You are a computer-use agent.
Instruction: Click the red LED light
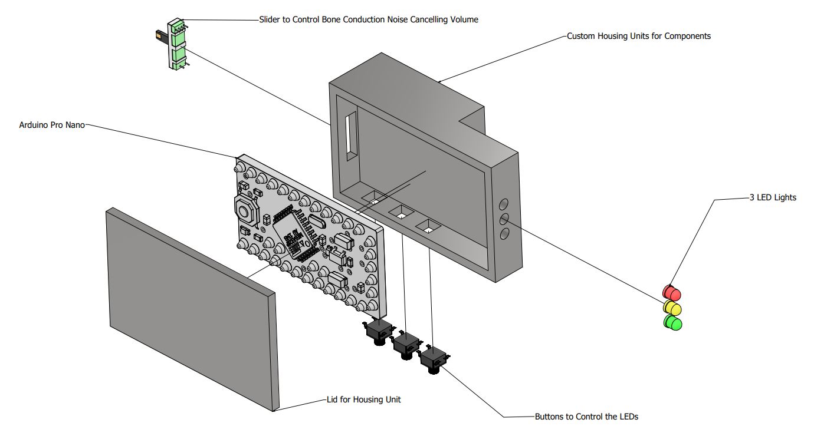click(671, 292)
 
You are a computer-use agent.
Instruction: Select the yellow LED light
click(672, 308)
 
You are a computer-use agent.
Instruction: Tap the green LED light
click(672, 323)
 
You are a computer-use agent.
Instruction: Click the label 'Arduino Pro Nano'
click(52, 125)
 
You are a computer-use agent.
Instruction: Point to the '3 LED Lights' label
click(773, 197)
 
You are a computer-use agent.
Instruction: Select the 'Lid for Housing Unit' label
click(364, 399)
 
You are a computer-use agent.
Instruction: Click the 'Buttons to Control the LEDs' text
click(586, 417)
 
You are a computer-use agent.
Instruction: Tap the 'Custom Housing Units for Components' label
click(639, 36)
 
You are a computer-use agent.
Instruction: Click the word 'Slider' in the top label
click(270, 19)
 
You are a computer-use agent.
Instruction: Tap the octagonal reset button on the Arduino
click(247, 209)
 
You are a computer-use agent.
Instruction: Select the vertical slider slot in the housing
click(351, 136)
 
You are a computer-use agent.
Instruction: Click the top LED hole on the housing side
click(503, 204)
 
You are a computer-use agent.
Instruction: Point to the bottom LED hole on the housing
click(504, 233)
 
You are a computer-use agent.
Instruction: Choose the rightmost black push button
click(434, 359)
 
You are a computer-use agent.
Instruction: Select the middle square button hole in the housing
click(401, 212)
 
